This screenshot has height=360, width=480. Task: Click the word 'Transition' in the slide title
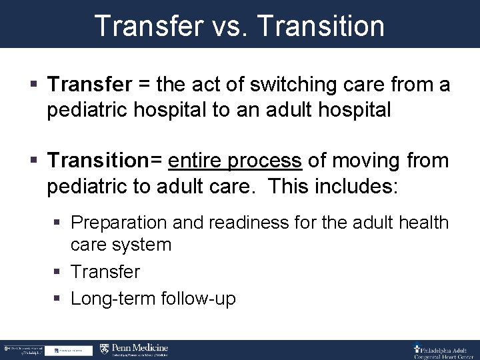click(x=320, y=26)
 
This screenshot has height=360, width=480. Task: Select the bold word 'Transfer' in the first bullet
click(x=90, y=85)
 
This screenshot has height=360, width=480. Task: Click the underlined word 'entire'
click(x=197, y=161)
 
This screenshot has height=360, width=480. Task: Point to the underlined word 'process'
click(x=265, y=161)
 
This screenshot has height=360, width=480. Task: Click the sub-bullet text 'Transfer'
click(x=105, y=272)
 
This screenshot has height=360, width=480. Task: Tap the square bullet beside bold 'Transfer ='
click(x=35, y=85)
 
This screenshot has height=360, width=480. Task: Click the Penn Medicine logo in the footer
click(x=134, y=349)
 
